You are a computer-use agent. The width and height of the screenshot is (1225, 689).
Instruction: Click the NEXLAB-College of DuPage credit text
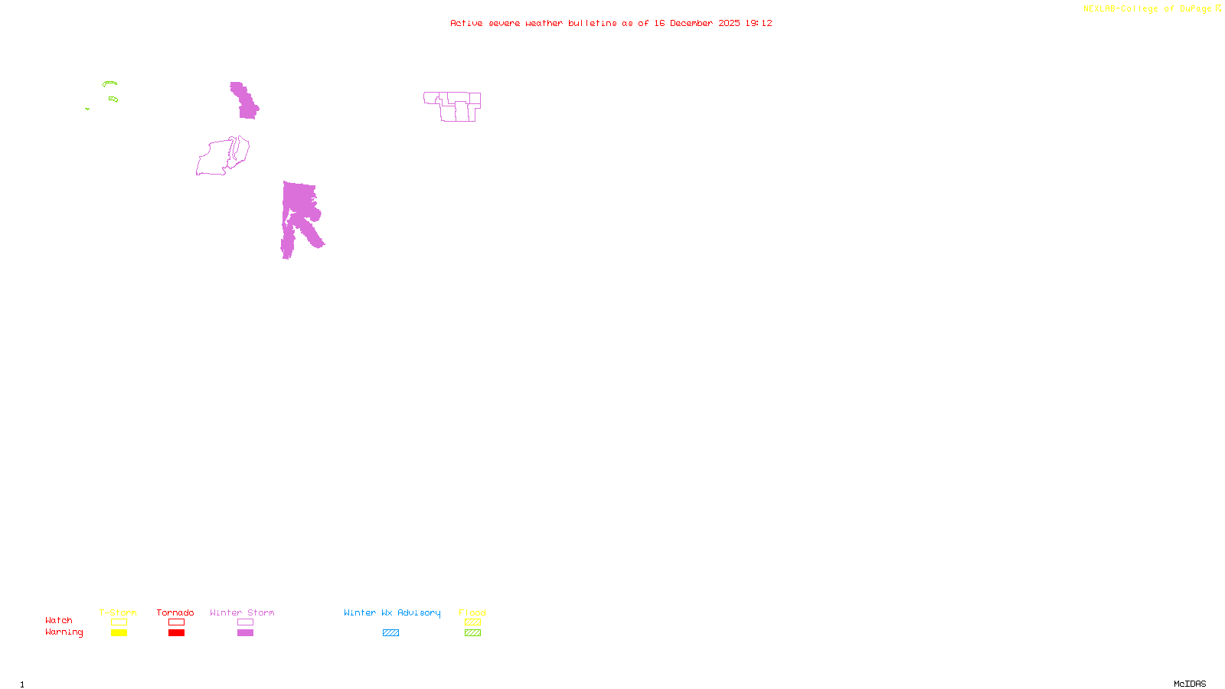(1151, 9)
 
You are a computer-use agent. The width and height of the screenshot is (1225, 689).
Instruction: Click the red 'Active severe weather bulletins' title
(611, 23)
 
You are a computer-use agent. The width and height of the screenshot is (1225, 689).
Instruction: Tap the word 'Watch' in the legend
(59, 620)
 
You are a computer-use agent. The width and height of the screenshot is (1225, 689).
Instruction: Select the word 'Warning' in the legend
(64, 632)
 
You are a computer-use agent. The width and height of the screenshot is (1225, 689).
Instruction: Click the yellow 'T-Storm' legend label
(118, 612)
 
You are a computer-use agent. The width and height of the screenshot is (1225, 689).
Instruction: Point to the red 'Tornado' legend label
(175, 612)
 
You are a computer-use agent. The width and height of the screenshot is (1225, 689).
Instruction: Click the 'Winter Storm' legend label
(242, 612)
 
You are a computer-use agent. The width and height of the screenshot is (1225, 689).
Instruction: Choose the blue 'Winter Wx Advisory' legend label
(392, 612)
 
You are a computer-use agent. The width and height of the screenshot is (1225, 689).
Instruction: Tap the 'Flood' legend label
(472, 612)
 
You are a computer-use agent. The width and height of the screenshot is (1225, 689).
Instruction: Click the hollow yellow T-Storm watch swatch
(119, 622)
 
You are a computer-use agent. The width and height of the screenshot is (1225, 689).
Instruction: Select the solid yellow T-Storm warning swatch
(119, 633)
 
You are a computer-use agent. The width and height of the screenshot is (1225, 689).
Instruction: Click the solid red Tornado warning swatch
(176, 633)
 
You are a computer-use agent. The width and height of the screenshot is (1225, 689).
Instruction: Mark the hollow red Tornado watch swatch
(176, 622)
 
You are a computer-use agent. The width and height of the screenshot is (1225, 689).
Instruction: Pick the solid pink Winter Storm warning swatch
(245, 633)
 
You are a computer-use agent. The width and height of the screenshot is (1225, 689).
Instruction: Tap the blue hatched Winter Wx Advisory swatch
(390, 633)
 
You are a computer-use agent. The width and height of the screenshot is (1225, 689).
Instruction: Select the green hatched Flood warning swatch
(472, 633)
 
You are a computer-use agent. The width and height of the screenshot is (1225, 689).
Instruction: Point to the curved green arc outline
(109, 83)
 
